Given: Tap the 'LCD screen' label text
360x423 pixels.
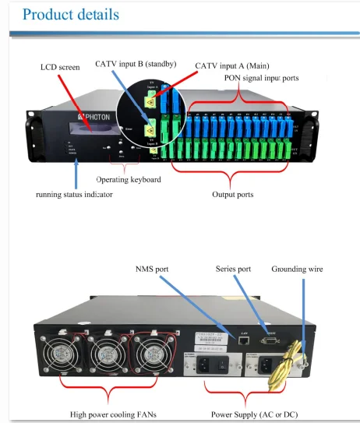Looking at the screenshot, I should click(59, 68).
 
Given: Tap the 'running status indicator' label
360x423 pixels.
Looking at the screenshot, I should click(74, 194).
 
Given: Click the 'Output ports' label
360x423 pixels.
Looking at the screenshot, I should click(234, 194).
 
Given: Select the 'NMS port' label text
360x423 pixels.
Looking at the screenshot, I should click(150, 269).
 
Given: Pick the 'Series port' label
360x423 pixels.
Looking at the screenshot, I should click(232, 269).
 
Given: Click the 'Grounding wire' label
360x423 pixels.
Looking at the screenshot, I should click(297, 269).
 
